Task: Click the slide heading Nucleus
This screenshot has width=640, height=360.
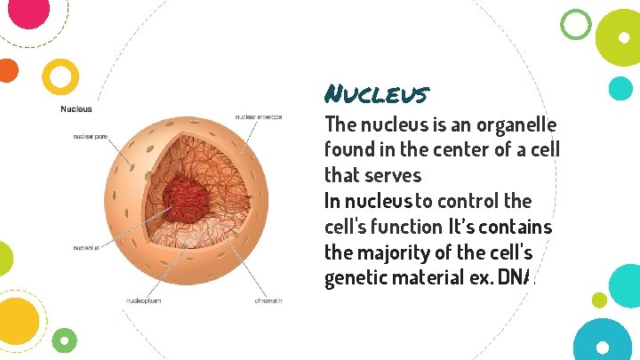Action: pyautogui.click(x=377, y=93)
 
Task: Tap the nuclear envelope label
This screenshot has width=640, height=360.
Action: pyautogui.click(x=259, y=117)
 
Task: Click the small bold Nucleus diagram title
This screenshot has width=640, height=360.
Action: pyautogui.click(x=76, y=109)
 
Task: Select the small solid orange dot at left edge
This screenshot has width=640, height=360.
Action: pyautogui.click(x=7, y=70)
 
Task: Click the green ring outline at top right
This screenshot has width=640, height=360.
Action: pyautogui.click(x=577, y=24)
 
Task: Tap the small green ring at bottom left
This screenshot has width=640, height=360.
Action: pyautogui.click(x=64, y=339)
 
